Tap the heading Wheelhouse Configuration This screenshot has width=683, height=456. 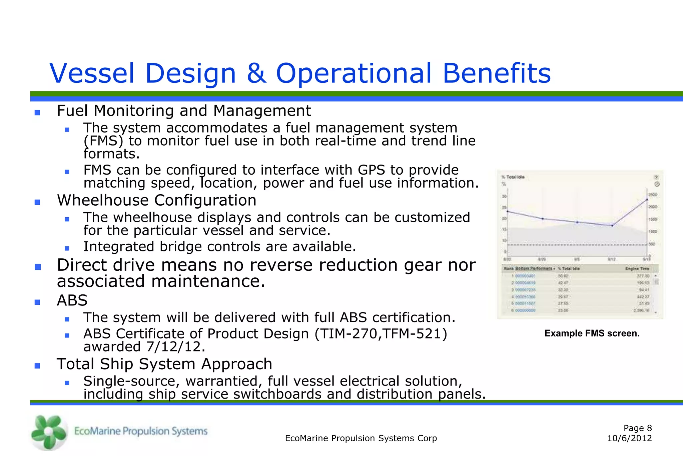point(156,200)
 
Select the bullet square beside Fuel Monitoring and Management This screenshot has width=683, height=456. point(37,112)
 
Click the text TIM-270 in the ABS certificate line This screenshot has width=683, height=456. point(349,333)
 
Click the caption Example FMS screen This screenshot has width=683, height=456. point(592,333)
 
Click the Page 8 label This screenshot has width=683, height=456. point(637,428)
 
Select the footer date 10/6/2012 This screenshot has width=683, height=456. point(629,438)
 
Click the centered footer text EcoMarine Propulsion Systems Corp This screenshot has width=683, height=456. point(361,438)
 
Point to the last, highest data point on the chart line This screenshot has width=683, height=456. point(647,200)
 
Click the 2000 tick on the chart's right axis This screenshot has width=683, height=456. point(653,207)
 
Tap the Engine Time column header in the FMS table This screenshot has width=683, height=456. point(637,268)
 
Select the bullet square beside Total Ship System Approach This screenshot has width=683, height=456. point(37,366)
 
